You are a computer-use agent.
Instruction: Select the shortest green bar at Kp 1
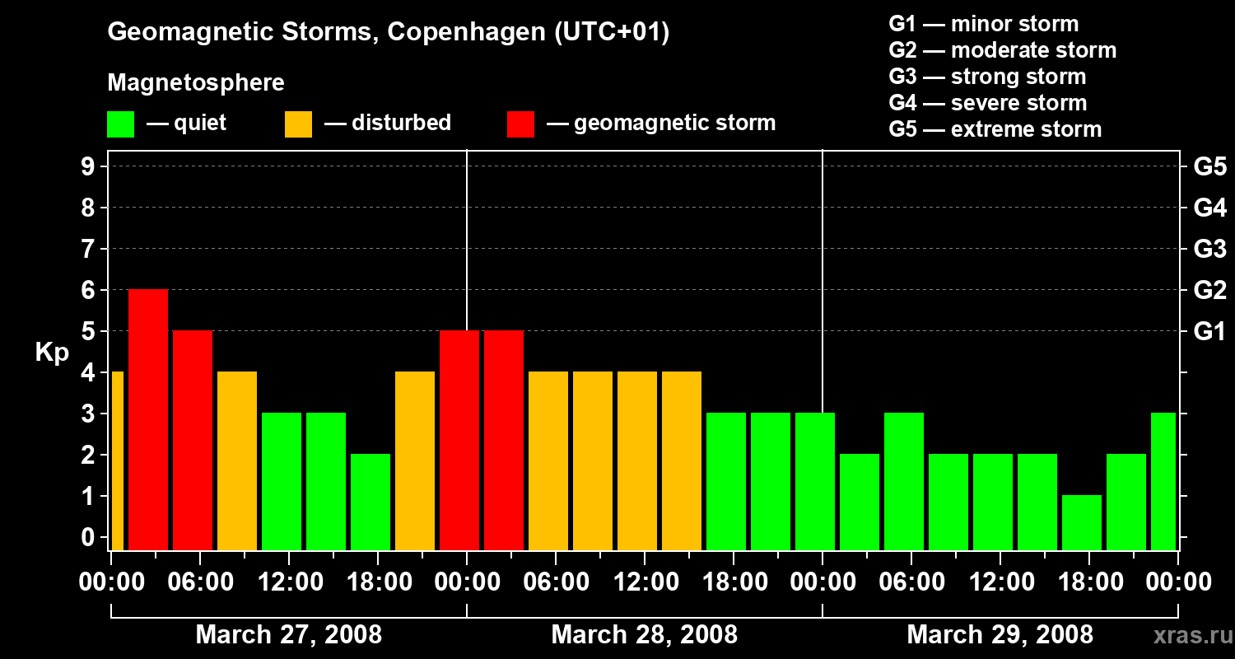pyautogui.click(x=1082, y=522)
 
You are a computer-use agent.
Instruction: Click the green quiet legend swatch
pyautogui.click(x=120, y=124)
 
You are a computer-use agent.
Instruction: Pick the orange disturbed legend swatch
pyautogui.click(x=298, y=124)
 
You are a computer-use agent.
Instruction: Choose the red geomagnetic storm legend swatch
pyautogui.click(x=520, y=124)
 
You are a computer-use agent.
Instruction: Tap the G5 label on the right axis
pyautogui.click(x=1209, y=166)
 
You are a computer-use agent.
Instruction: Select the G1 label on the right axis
pyautogui.click(x=1209, y=331)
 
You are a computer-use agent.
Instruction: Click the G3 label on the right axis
pyautogui.click(x=1209, y=249)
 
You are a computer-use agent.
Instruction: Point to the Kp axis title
pyautogui.click(x=52, y=353)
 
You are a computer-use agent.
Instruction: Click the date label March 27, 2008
pyautogui.click(x=288, y=635)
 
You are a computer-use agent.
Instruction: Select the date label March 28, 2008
pyautogui.click(x=644, y=635)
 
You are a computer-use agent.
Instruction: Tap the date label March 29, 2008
pyautogui.click(x=1000, y=635)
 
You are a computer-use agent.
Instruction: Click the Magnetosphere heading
pyautogui.click(x=196, y=83)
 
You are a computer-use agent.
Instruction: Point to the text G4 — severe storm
pyautogui.click(x=988, y=103)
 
